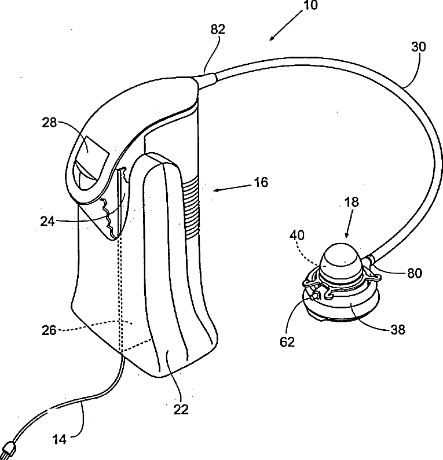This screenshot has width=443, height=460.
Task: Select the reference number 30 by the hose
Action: pos(418,47)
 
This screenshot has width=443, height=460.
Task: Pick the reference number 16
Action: pos(262,183)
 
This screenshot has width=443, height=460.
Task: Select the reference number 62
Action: pos(287,341)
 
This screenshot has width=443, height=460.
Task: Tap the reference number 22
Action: pos(181,410)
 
